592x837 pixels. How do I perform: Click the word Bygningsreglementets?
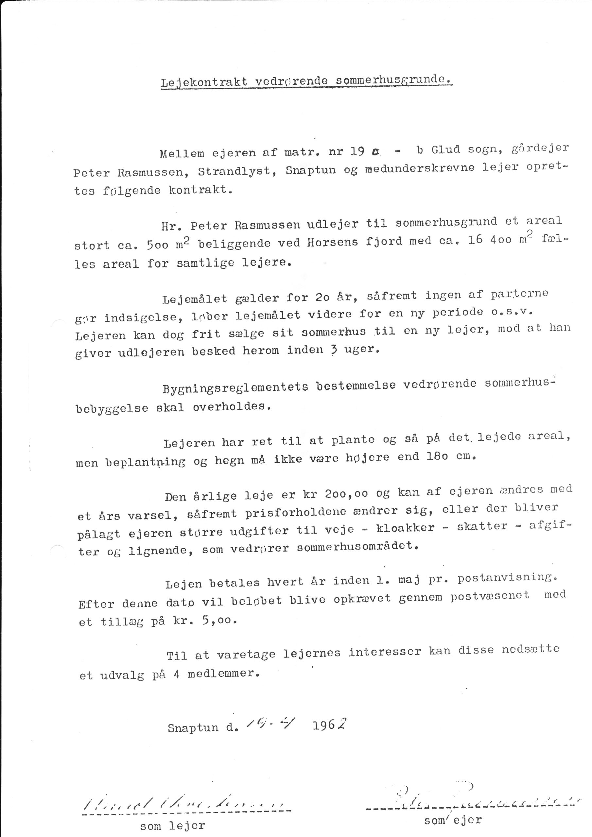coord(235,387)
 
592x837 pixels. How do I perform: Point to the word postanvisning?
coord(507,578)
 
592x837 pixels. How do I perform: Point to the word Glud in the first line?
coord(445,150)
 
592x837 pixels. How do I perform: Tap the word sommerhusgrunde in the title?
coord(390,80)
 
